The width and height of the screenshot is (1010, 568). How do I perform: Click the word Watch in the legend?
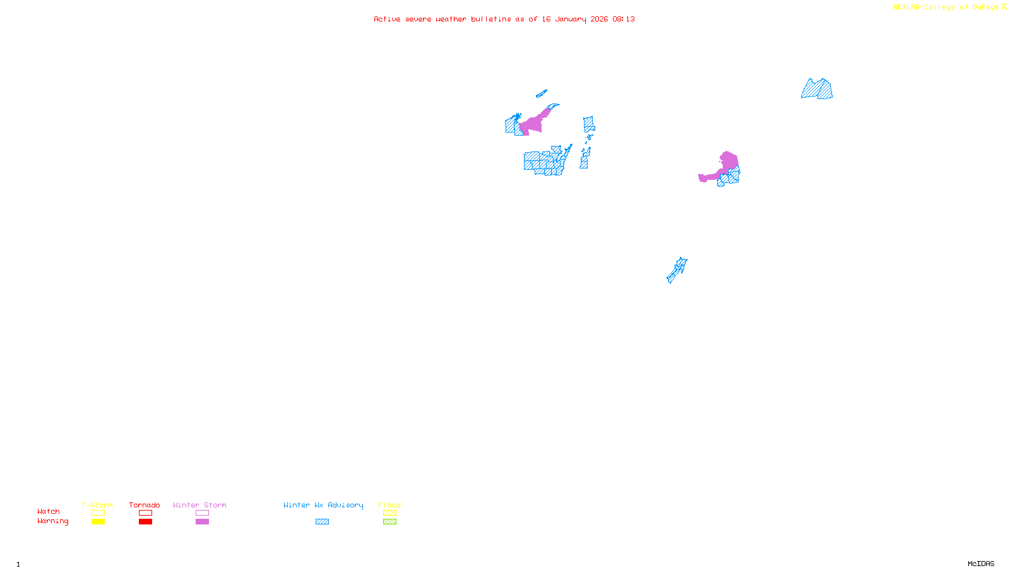pyautogui.click(x=49, y=512)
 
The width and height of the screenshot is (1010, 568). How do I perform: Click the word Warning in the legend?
pyautogui.click(x=53, y=521)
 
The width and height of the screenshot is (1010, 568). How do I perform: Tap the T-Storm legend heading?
pyautogui.click(x=97, y=505)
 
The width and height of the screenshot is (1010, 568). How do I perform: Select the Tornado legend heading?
pyautogui.click(x=145, y=505)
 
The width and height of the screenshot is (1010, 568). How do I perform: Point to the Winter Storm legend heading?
pyautogui.click(x=199, y=505)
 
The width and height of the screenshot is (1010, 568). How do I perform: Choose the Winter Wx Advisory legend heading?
pyautogui.click(x=323, y=505)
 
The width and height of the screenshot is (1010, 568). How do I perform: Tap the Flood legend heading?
pyautogui.click(x=389, y=505)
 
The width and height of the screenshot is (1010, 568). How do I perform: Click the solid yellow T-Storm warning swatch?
pyautogui.click(x=98, y=522)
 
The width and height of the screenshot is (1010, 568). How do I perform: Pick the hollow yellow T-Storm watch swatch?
pyautogui.click(x=98, y=513)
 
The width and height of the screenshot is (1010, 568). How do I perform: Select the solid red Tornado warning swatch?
pyautogui.click(x=146, y=522)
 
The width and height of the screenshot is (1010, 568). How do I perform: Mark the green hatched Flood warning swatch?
pyautogui.click(x=390, y=522)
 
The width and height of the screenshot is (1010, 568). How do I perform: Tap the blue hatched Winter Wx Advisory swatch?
pyautogui.click(x=322, y=522)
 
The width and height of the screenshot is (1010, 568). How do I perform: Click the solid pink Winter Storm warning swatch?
pyautogui.click(x=202, y=522)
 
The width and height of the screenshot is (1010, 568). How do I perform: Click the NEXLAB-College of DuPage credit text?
pyautogui.click(x=946, y=8)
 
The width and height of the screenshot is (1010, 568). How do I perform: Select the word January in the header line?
pyautogui.click(x=571, y=20)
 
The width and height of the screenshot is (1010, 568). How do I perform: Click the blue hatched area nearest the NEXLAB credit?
pyautogui.click(x=817, y=90)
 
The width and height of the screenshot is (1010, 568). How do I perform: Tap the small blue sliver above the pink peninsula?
pyautogui.click(x=541, y=94)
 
